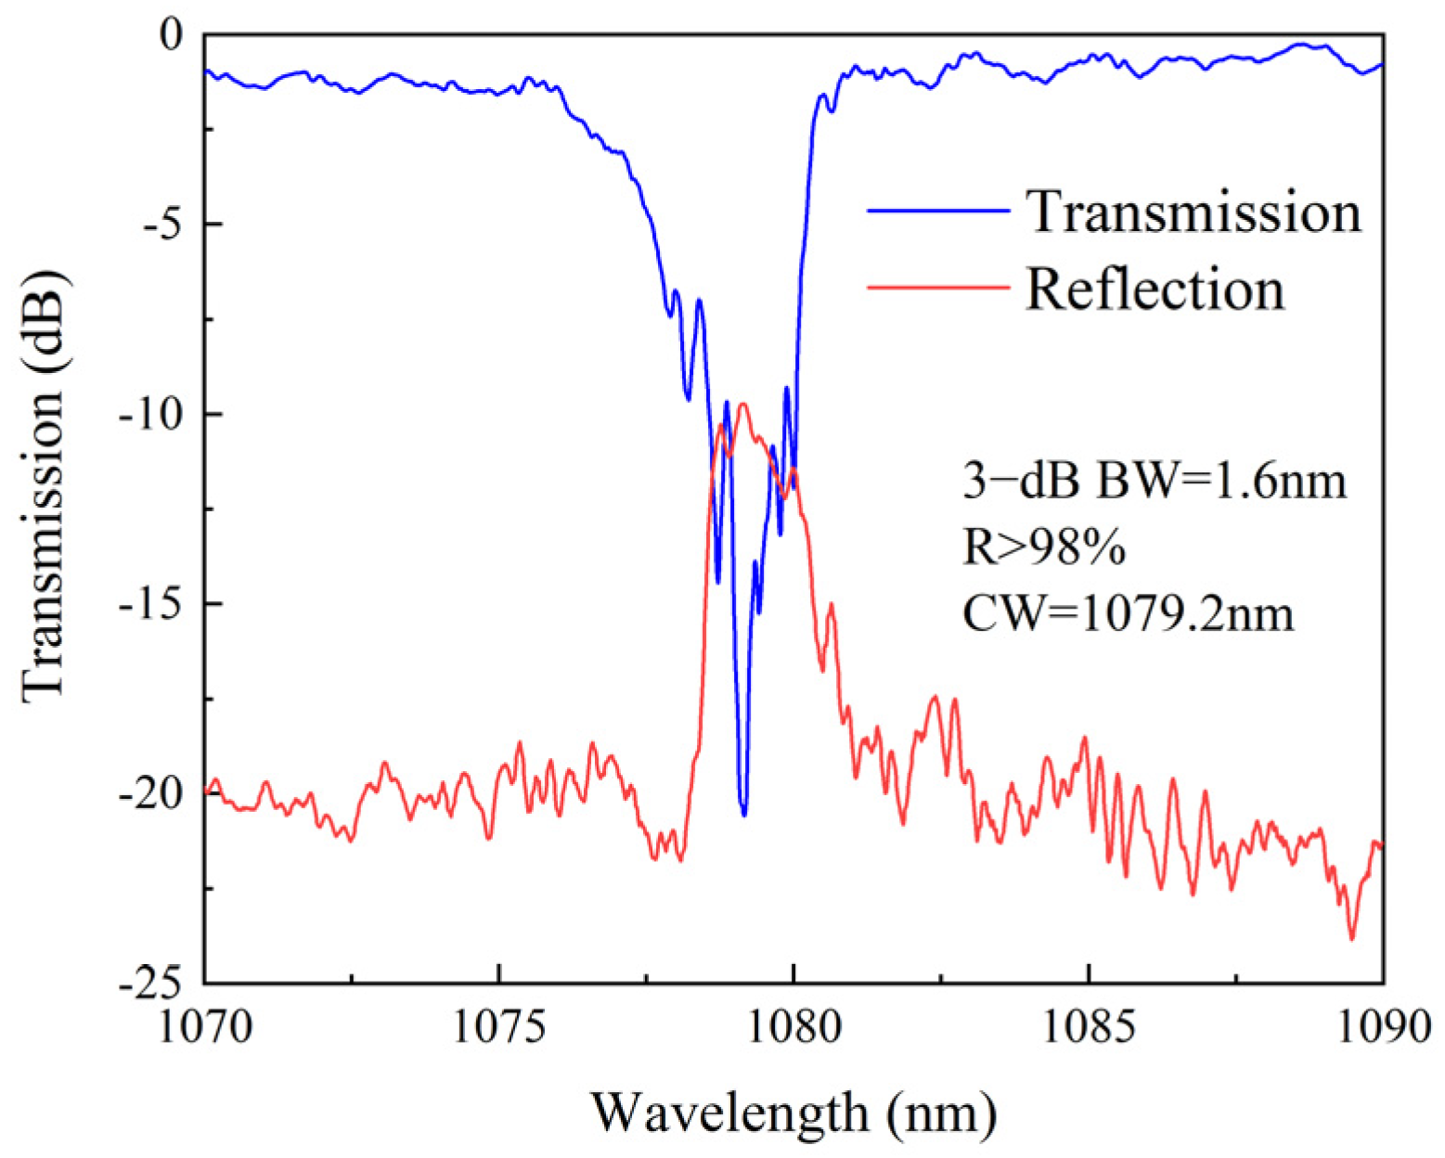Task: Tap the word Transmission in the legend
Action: pyautogui.click(x=1193, y=212)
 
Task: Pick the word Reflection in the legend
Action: pyautogui.click(x=1155, y=289)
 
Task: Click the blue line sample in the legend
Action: pyautogui.click(x=938, y=212)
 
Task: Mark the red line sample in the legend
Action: pyautogui.click(x=938, y=288)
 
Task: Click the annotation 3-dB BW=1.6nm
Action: pyautogui.click(x=1154, y=482)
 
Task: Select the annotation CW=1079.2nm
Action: pyautogui.click(x=1128, y=613)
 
